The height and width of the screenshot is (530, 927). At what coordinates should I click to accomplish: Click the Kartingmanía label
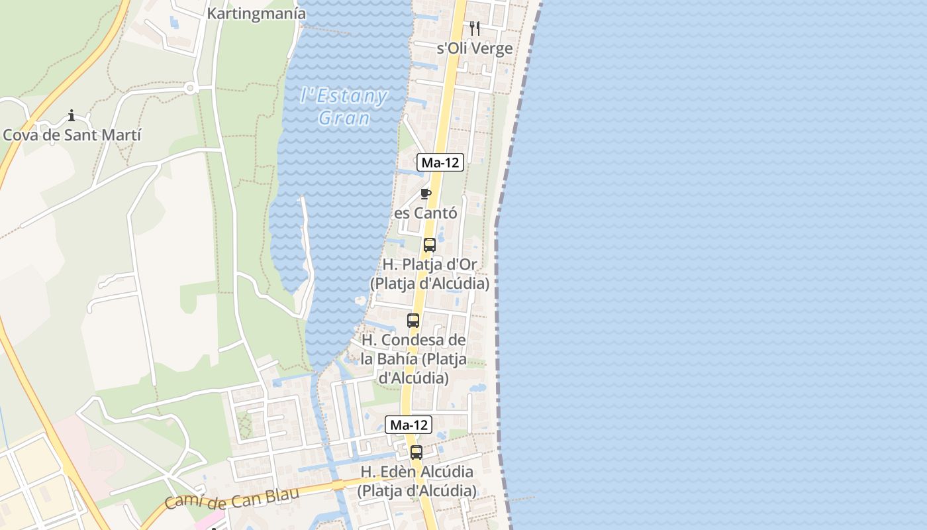[x=256, y=13]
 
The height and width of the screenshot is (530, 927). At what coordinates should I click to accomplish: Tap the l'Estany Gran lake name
[x=344, y=107]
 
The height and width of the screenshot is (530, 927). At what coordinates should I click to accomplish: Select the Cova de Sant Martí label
[x=72, y=135]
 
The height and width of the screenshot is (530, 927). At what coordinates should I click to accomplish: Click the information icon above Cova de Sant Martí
[x=71, y=117]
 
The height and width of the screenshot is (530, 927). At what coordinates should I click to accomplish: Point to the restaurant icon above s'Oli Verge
[x=474, y=28]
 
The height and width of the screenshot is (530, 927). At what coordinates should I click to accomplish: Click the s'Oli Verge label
[x=475, y=48]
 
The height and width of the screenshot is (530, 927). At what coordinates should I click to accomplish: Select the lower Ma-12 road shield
[x=409, y=425]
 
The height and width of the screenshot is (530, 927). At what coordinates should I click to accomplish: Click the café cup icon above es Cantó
[x=426, y=194]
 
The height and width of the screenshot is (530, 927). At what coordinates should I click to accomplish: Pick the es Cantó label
[x=426, y=213]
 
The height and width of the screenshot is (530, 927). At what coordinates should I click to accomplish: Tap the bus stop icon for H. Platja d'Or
[x=430, y=245]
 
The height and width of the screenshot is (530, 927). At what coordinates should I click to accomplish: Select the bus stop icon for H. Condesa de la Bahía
[x=413, y=321]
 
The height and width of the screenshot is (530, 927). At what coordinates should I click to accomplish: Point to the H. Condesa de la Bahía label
[x=414, y=359]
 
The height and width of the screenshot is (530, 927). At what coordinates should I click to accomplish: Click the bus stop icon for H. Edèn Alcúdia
[x=416, y=452]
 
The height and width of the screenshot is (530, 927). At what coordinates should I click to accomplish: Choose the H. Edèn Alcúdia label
[x=416, y=481]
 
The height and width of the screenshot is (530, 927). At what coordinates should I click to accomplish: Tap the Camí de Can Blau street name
[x=232, y=498]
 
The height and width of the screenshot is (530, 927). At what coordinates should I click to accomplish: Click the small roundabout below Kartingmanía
[x=191, y=87]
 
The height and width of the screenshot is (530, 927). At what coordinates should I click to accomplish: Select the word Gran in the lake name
[x=344, y=118]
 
